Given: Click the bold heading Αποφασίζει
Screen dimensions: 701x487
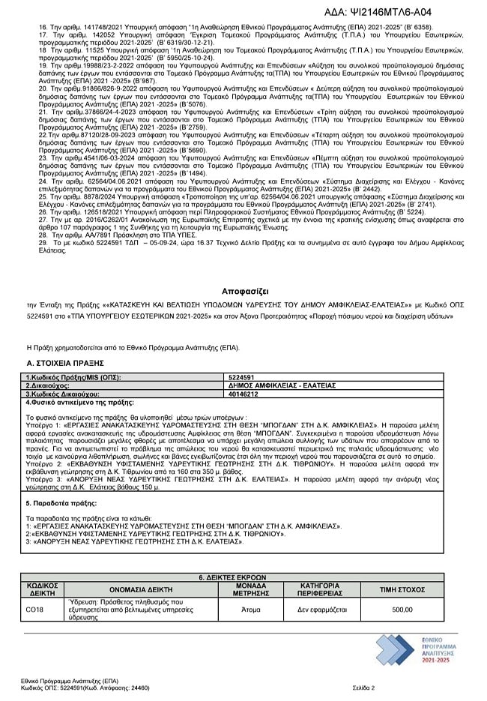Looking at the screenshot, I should pos(243,289).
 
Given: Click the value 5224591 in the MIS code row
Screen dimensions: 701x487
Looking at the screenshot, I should pos(242,377).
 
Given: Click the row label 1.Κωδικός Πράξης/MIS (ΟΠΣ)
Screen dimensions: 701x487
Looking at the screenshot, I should pos(73,377).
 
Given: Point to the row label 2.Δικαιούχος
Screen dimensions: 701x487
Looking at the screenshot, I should pos(53,385).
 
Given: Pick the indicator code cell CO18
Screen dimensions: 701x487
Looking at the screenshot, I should pos(34,610).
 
